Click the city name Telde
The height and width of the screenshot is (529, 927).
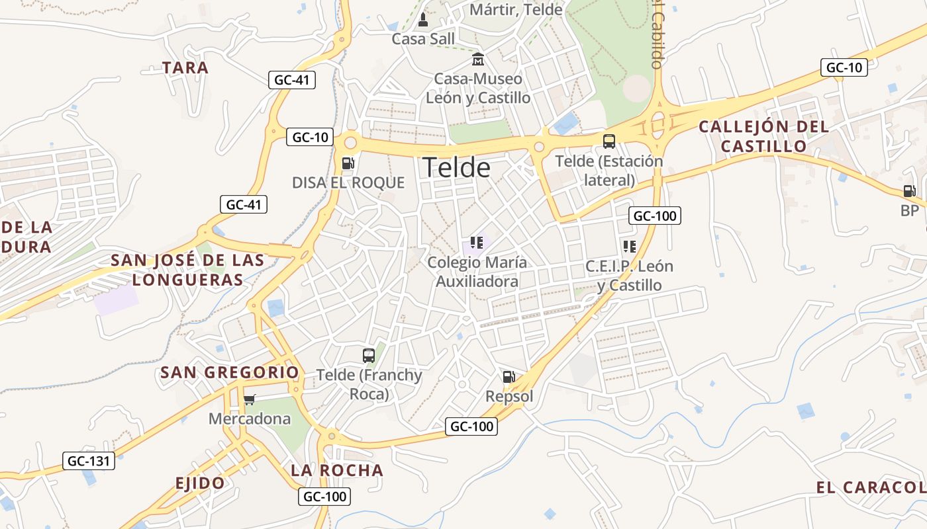click(x=457, y=168)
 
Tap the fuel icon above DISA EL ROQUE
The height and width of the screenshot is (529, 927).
click(x=348, y=163)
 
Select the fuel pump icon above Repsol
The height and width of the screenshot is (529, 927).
click(x=509, y=378)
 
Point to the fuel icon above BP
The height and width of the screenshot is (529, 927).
click(x=910, y=191)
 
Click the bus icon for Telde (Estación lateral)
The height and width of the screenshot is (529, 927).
click(x=609, y=141)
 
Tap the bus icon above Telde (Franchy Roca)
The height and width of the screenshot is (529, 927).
click(x=369, y=356)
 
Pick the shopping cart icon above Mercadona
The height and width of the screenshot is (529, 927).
click(x=249, y=399)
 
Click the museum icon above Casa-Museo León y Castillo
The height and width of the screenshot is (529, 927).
click(x=477, y=60)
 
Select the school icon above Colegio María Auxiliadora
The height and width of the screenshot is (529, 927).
click(x=477, y=243)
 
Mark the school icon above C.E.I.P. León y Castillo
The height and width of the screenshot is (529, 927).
click(x=629, y=247)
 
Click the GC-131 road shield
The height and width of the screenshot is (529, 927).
click(x=89, y=461)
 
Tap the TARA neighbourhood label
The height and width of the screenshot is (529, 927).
click(x=185, y=67)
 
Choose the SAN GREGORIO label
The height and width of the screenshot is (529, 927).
click(x=230, y=372)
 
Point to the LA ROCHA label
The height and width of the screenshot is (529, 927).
click(x=337, y=470)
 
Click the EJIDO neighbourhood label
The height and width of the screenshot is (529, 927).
click(x=200, y=483)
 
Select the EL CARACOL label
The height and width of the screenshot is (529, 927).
click(x=870, y=488)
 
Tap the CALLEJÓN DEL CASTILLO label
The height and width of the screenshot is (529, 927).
click(x=763, y=136)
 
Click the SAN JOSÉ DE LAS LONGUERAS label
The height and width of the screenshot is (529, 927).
click(x=187, y=270)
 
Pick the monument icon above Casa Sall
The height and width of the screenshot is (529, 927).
click(x=424, y=20)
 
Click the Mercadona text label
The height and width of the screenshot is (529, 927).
click(x=250, y=419)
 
